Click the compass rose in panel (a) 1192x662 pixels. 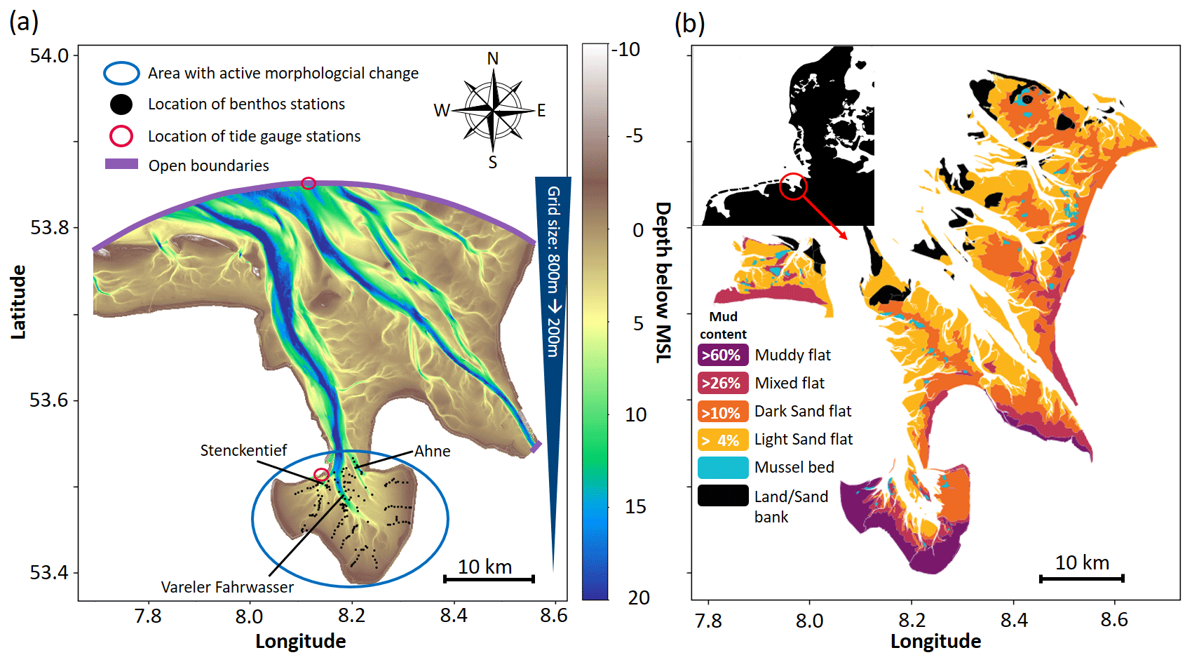click(494, 110)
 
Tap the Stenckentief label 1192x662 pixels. click(243, 450)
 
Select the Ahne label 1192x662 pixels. click(432, 451)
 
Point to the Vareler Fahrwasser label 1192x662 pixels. click(227, 587)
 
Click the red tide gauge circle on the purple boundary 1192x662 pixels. click(308, 183)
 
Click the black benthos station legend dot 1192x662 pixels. click(121, 104)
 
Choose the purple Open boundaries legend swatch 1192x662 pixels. click(121, 164)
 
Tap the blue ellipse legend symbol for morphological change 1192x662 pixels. click(121, 73)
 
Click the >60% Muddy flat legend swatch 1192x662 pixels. click(722, 355)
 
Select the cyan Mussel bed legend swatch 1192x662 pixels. click(722, 467)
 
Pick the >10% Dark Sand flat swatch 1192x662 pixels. click(722, 412)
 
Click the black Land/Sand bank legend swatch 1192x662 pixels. click(722, 496)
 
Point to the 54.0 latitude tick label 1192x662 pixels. click(49, 55)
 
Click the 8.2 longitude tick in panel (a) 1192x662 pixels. click(351, 616)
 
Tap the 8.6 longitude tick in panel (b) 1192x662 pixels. click(1113, 620)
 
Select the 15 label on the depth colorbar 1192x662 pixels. click(635, 506)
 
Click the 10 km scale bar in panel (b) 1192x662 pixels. click(1081, 578)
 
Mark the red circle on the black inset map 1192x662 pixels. click(793, 187)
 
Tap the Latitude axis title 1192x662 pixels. click(18, 302)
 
